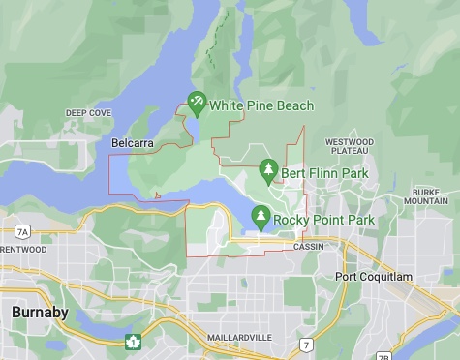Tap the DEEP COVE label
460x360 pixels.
click(x=89, y=113)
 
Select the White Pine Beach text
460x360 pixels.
click(x=261, y=104)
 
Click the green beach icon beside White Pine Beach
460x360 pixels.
click(x=198, y=102)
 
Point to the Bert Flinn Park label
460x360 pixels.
click(x=325, y=173)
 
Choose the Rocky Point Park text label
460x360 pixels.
click(x=323, y=220)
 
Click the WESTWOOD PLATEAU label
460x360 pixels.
click(x=350, y=146)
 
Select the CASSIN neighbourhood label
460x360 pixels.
click(x=309, y=247)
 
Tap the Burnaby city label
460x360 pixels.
click(x=39, y=313)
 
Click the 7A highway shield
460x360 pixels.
click(x=22, y=232)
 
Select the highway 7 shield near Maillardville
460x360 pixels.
click(x=306, y=345)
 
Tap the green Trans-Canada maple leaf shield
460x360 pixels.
click(x=133, y=341)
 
